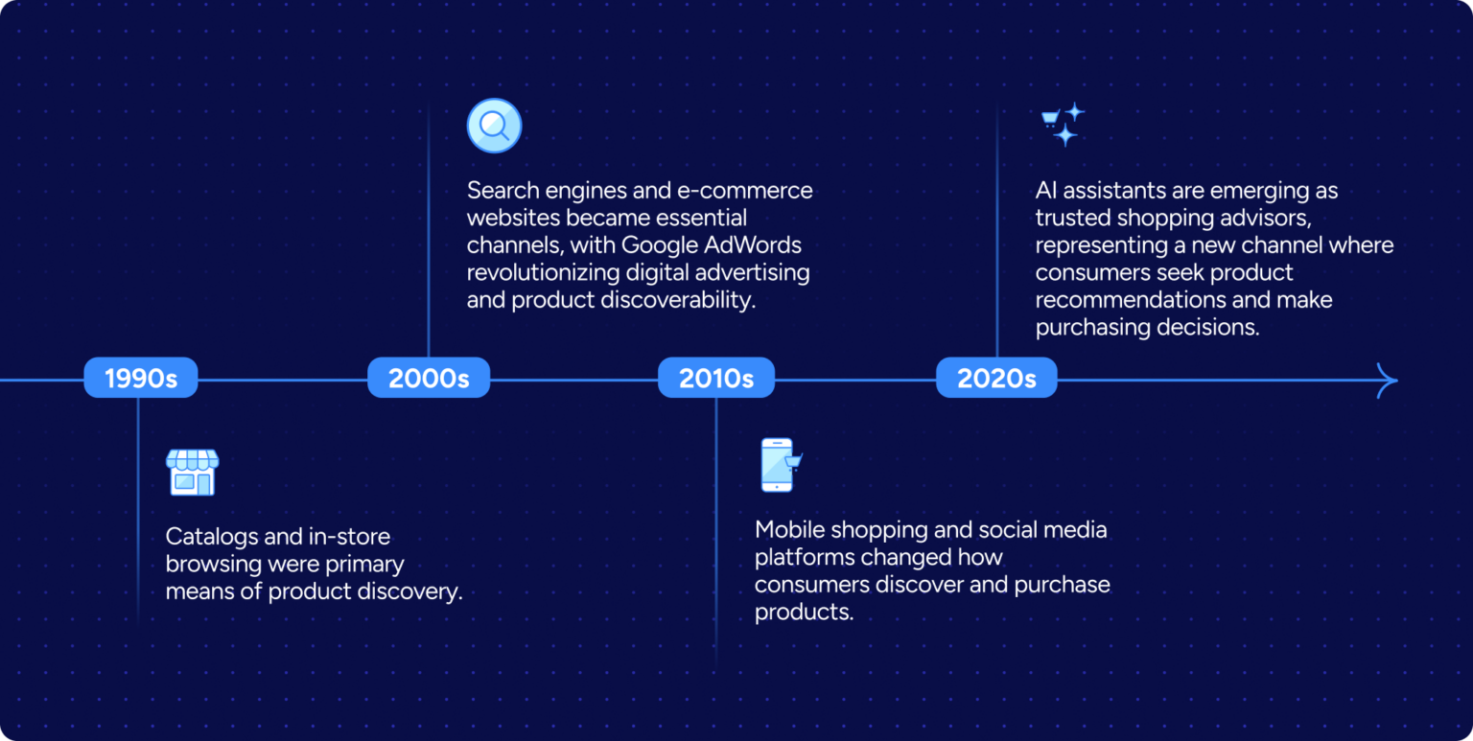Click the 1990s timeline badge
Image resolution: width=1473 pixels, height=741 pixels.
pos(141,378)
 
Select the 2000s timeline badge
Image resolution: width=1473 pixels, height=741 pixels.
pos(429,378)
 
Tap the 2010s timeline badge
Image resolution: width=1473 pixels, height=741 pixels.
pos(716,378)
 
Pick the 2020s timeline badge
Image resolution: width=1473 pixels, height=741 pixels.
pos(996,378)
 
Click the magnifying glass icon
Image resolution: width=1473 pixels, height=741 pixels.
pos(494,126)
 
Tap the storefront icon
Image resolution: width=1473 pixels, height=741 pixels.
pos(192,472)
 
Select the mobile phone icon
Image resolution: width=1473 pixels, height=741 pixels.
pos(779,465)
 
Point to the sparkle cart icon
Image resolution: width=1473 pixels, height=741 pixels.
pos(1063,124)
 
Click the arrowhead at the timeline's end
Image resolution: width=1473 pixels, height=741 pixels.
pos(1388,381)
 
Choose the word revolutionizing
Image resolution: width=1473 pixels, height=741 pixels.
pos(543,272)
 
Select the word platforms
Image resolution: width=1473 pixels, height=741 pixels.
pos(804,557)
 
